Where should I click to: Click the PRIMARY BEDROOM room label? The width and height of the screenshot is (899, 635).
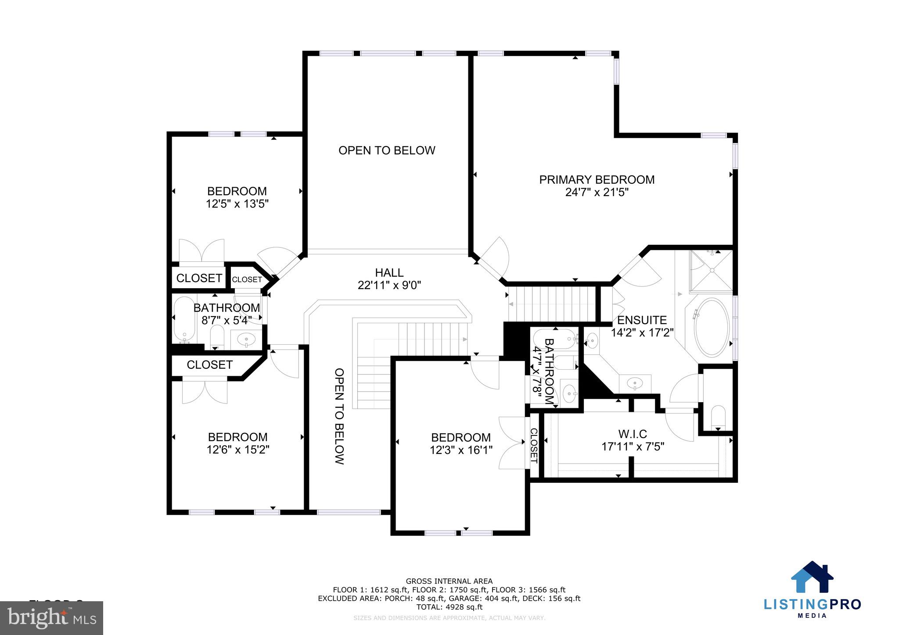(597, 180)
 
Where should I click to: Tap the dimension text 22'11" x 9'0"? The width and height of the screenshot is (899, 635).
(389, 285)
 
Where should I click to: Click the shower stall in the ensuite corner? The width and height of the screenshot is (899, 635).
(712, 271)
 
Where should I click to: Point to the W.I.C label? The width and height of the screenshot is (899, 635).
(632, 434)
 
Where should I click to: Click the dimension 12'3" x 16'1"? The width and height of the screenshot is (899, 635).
(461, 450)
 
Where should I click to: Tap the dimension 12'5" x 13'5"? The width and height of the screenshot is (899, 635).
(237, 204)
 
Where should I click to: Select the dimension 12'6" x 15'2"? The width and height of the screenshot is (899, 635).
(237, 449)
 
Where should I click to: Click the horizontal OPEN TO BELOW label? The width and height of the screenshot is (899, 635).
(387, 150)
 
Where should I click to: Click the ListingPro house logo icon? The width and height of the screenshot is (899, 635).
(812, 578)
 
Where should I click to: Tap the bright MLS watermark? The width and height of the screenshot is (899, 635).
(52, 618)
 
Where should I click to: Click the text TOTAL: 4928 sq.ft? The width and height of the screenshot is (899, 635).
(449, 607)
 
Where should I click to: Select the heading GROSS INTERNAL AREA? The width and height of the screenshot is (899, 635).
(449, 581)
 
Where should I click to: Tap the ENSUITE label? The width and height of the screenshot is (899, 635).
(642, 320)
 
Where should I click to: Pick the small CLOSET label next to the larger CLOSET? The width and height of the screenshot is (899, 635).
(247, 279)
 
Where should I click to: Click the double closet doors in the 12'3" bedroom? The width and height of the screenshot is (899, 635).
(512, 442)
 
